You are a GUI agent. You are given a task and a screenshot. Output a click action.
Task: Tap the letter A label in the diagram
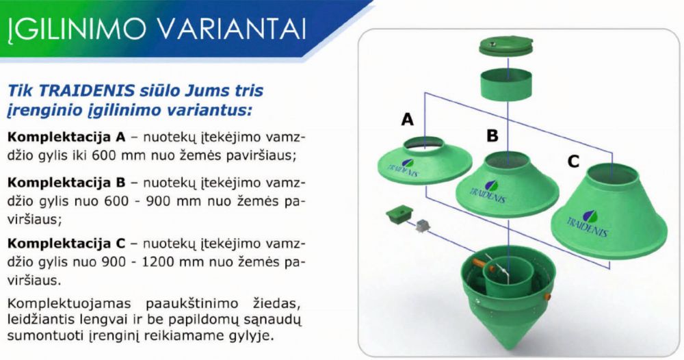point(408,120)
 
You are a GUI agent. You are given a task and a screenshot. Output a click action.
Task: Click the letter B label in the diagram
point(492,136)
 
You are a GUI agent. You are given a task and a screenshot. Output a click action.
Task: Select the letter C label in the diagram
point(573,162)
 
